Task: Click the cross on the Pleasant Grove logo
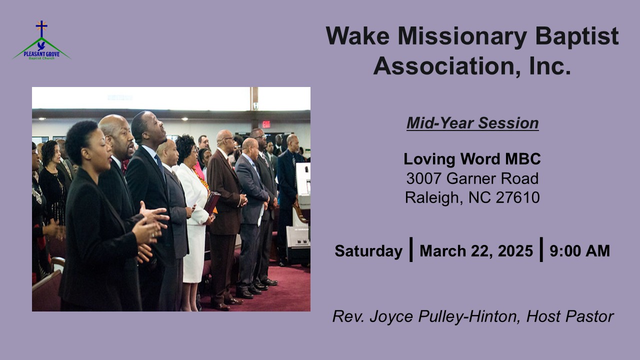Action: (x=41, y=28)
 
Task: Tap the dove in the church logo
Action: (x=41, y=45)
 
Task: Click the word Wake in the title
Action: (x=357, y=36)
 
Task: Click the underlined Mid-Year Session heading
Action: (x=472, y=123)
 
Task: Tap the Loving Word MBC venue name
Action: (x=472, y=159)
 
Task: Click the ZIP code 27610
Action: (x=517, y=197)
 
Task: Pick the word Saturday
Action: (x=368, y=251)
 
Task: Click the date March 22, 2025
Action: (x=476, y=251)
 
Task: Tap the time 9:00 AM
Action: (x=579, y=251)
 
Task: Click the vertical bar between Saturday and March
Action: (x=411, y=249)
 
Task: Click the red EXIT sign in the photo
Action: (x=266, y=124)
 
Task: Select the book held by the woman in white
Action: (x=211, y=202)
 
